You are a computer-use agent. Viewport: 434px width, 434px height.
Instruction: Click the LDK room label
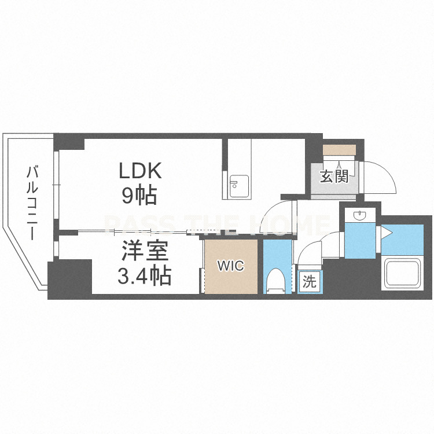pos(140,171)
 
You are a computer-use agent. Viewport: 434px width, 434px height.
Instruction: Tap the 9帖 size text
pos(139,194)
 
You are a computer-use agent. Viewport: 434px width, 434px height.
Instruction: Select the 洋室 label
pos(145,251)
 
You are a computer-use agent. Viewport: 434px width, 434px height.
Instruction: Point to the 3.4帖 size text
pos(144,275)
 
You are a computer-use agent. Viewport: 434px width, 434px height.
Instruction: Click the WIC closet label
pos(230,266)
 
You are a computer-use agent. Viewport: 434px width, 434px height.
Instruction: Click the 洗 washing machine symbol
pos(309,282)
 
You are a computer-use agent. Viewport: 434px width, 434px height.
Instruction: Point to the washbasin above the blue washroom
pos(360,215)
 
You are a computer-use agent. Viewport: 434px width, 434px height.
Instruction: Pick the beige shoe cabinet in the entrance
pos(339,150)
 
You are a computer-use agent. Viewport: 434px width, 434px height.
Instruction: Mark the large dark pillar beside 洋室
pos(70,279)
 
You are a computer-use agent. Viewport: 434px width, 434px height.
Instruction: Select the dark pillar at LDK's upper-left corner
pos(69,142)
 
